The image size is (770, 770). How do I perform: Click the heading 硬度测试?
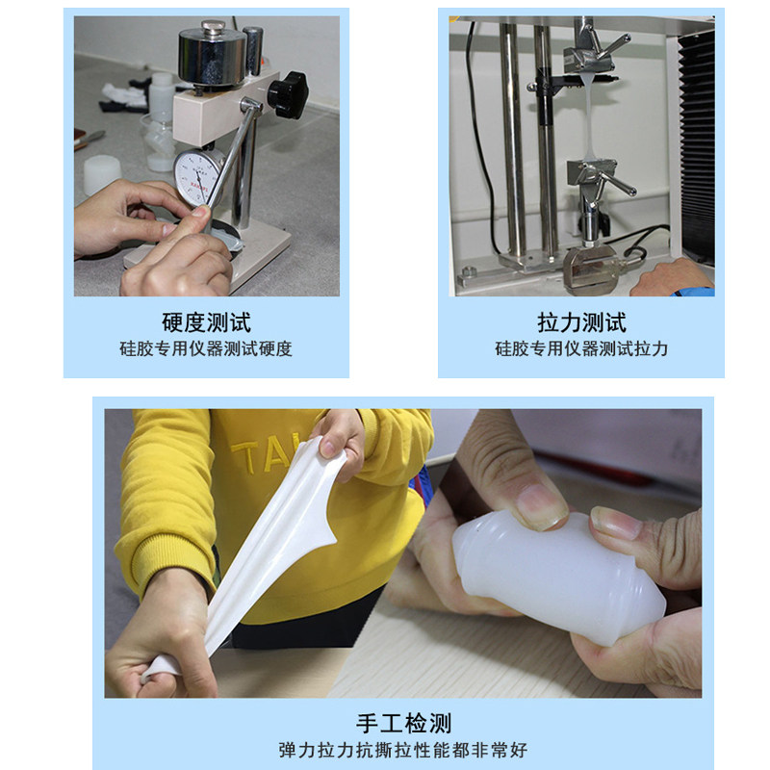click(206, 322)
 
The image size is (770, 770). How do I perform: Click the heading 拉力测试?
click(581, 322)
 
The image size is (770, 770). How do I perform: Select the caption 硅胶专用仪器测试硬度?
click(206, 349)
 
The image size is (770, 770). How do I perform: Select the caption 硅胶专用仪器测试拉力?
click(581, 349)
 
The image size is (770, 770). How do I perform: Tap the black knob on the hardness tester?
click(287, 96)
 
